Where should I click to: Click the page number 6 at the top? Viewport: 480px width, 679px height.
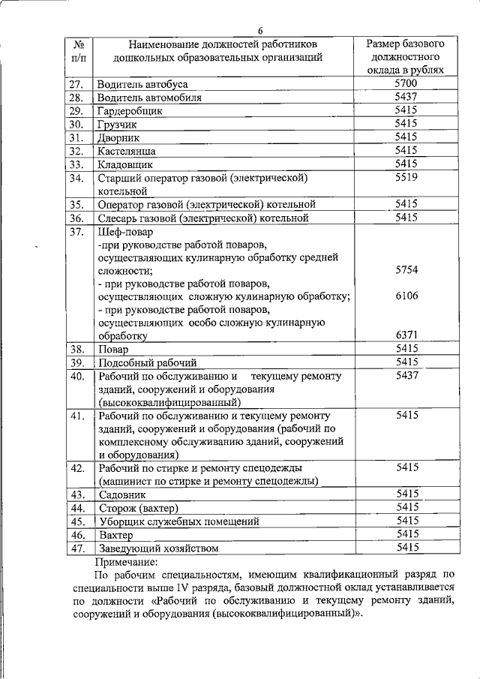click(x=259, y=30)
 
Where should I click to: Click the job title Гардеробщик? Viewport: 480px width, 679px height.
click(x=130, y=111)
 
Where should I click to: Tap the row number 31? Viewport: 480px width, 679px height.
click(x=75, y=138)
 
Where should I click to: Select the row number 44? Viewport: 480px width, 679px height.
click(x=75, y=508)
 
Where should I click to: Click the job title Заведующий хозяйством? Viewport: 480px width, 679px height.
click(x=158, y=548)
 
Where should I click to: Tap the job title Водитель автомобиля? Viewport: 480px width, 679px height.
click(x=148, y=98)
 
